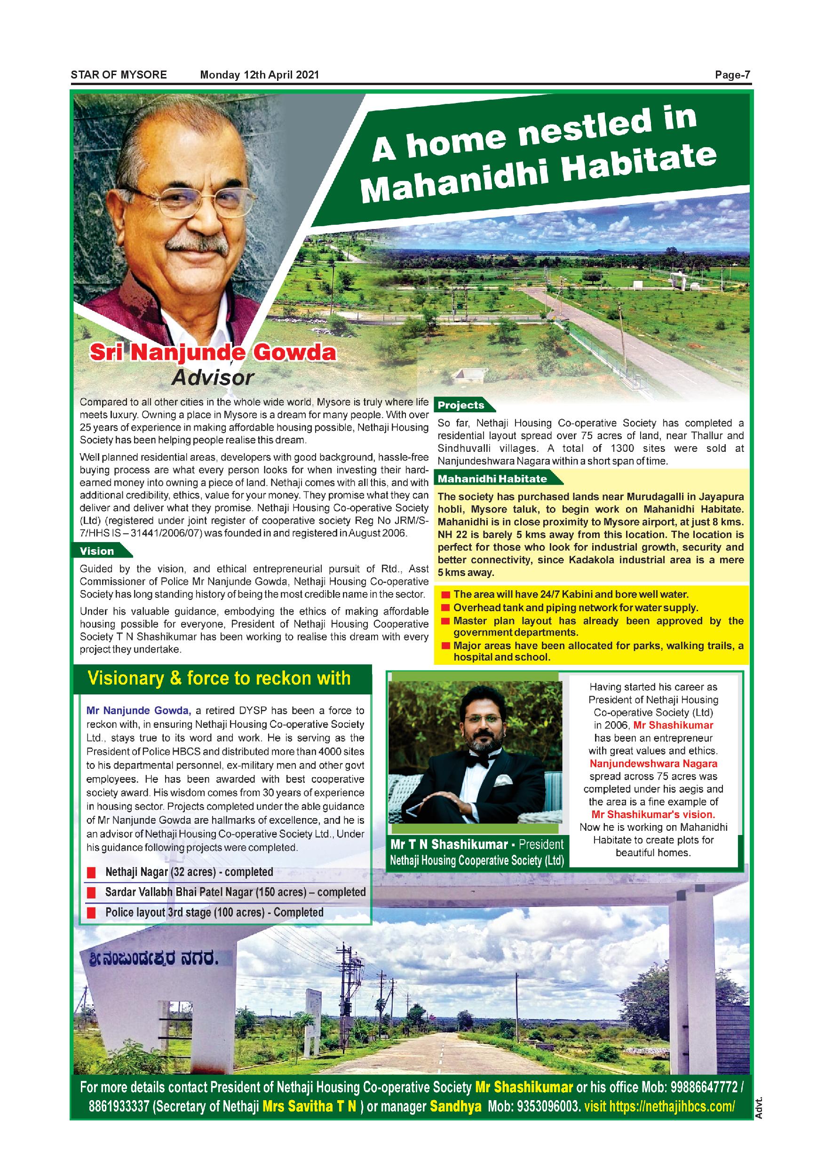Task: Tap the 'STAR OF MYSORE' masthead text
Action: [x=119, y=75]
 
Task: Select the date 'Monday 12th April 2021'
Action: [x=260, y=75]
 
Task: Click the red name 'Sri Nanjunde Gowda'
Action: [x=213, y=353]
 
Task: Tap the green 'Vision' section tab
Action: [x=97, y=551]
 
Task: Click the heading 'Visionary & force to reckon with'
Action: [x=219, y=678]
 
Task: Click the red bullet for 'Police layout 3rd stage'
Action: [x=91, y=913]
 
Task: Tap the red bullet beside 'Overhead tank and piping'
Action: [x=445, y=608]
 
